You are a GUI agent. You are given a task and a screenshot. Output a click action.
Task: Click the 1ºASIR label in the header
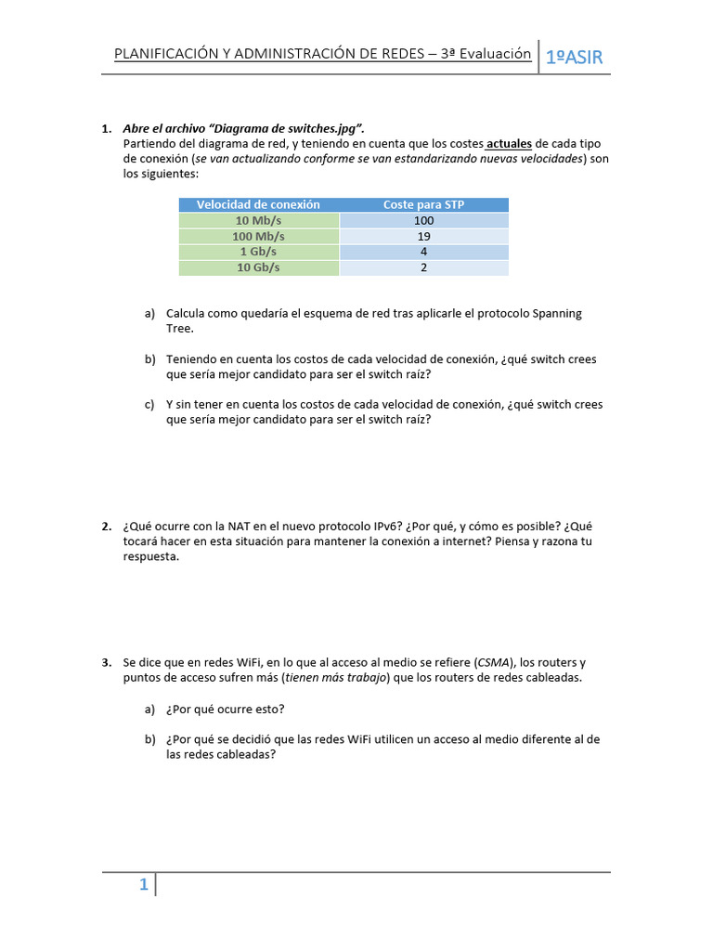[x=574, y=58]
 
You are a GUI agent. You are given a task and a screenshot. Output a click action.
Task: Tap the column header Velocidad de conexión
[x=258, y=204]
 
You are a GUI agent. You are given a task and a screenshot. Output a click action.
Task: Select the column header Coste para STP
[x=423, y=204]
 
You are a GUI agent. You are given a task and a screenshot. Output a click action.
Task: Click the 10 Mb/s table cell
[x=258, y=220]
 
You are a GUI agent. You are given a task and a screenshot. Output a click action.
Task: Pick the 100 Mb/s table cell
[x=258, y=236]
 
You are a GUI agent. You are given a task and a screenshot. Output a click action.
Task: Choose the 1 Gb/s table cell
[x=258, y=252]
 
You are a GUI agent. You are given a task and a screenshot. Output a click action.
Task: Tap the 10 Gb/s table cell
[x=258, y=267]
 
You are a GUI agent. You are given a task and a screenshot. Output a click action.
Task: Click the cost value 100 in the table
[x=423, y=220]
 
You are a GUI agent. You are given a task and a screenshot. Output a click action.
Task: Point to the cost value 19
[x=423, y=236]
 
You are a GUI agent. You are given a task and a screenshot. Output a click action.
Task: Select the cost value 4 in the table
[x=423, y=252]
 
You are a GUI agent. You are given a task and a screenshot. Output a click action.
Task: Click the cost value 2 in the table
[x=423, y=267]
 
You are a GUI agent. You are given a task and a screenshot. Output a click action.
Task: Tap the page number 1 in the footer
[x=144, y=885]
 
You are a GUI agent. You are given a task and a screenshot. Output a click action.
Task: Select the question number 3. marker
[x=107, y=663]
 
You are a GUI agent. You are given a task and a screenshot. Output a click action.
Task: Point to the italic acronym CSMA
[x=491, y=663]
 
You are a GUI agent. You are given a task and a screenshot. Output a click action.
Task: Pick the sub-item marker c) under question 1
[x=149, y=405]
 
